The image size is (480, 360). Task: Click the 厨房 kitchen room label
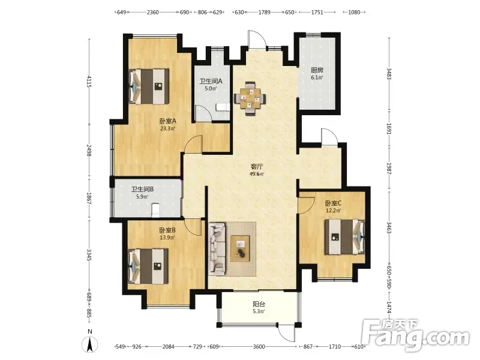(x=317, y=70)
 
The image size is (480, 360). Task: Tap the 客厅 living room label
(x=257, y=167)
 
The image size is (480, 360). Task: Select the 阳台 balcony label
(x=259, y=304)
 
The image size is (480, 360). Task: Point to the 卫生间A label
(x=211, y=82)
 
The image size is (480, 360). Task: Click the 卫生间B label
(x=142, y=189)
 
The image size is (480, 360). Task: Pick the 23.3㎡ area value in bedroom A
(x=168, y=128)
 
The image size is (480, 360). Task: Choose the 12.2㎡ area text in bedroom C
(x=334, y=211)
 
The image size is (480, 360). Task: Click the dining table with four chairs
(x=250, y=98)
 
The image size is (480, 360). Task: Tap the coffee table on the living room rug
(x=241, y=248)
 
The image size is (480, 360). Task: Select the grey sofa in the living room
(x=217, y=249)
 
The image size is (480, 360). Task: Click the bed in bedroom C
(x=344, y=237)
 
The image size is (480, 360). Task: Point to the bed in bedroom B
(x=148, y=266)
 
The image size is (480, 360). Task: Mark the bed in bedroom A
(x=149, y=86)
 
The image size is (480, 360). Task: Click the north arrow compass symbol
(x=89, y=344)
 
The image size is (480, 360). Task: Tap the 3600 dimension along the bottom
(x=259, y=347)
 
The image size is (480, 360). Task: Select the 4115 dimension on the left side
(x=89, y=82)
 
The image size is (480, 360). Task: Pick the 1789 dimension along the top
(x=264, y=12)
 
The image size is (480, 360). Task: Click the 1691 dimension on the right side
(x=389, y=129)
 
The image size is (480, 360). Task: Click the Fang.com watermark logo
(x=415, y=335)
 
